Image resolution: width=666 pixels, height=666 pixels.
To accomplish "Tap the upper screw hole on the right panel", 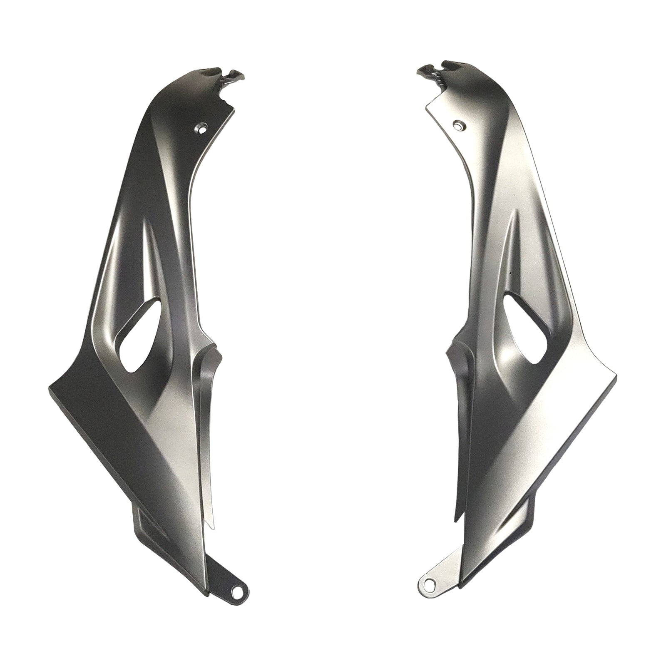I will coord(458,125).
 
